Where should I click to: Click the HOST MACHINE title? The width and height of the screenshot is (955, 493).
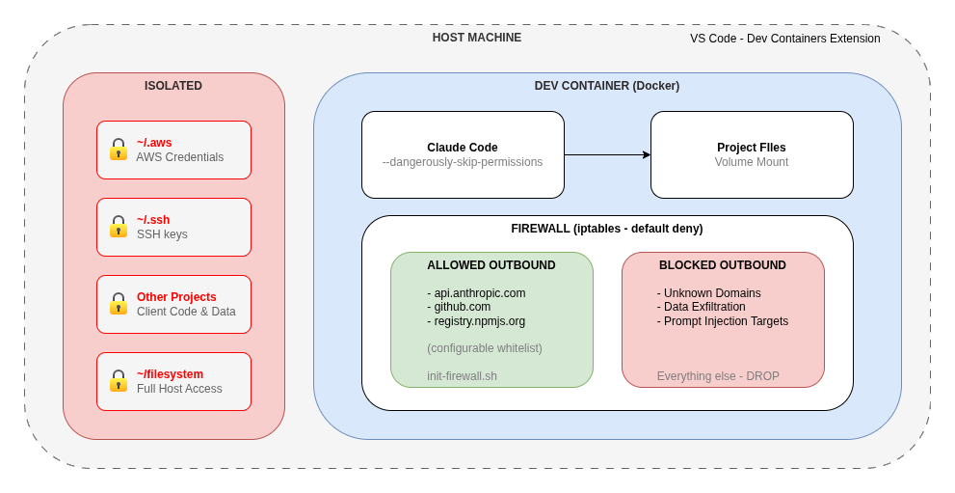coord(476,38)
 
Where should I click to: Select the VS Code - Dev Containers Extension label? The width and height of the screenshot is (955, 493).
coord(784,39)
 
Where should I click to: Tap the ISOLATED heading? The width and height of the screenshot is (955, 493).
coord(173,86)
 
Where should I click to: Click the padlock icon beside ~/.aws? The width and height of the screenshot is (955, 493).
coord(119,150)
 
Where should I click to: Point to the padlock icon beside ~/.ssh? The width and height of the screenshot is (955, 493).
coord(119,227)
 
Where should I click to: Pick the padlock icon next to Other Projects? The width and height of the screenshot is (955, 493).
coord(119,304)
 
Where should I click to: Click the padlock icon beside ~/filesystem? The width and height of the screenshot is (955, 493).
coord(119,381)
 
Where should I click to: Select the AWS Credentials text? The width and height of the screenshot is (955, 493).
coord(179,157)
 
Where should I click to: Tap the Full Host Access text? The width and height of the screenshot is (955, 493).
coord(179,389)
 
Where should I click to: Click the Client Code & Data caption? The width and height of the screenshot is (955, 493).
coord(186,312)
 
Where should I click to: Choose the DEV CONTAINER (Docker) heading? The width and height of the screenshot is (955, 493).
coord(606,86)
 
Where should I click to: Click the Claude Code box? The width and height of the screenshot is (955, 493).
coord(463,154)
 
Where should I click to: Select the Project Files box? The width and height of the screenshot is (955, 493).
coord(752,154)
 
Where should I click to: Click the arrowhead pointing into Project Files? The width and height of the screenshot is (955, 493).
coord(647,154)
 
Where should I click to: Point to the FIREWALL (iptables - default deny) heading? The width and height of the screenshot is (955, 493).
coord(606,229)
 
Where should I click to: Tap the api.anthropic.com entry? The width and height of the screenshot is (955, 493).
coord(479,293)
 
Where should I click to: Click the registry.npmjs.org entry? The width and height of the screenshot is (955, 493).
coord(479,321)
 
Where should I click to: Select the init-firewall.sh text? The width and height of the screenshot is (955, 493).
coord(462,376)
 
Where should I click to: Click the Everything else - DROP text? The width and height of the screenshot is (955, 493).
coord(718,376)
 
